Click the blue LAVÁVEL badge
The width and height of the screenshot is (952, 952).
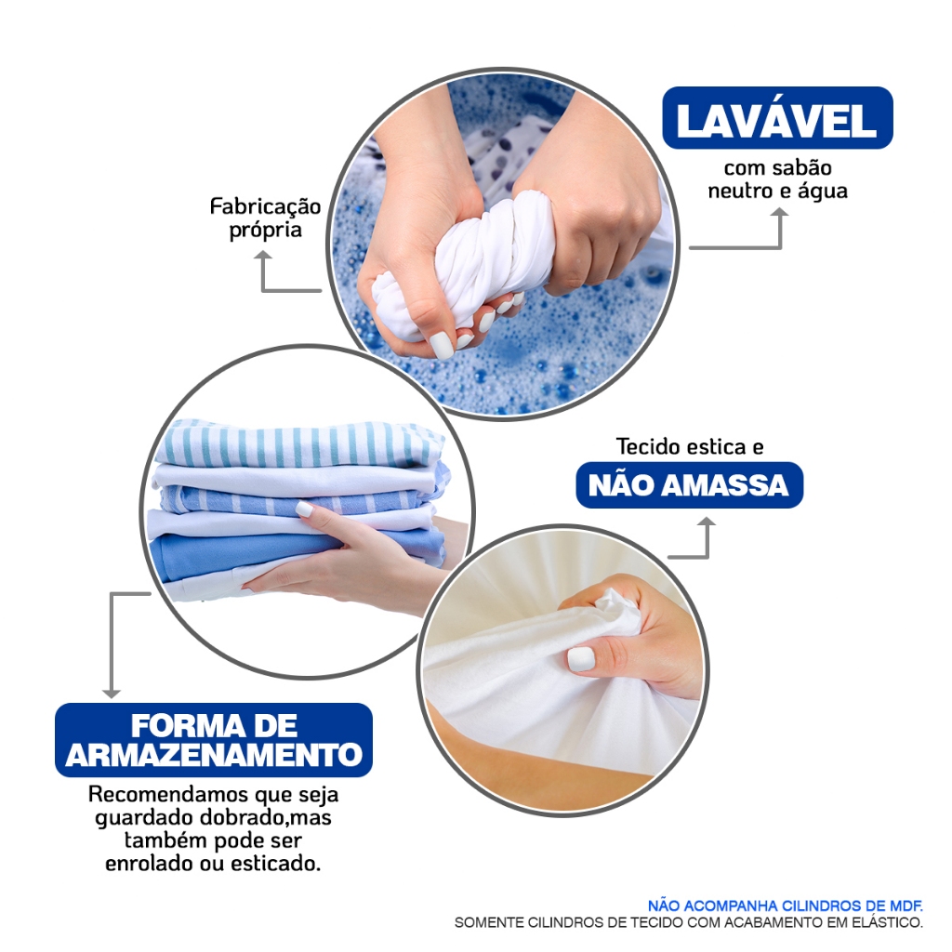[777, 118]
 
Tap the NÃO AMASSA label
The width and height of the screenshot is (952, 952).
[689, 485]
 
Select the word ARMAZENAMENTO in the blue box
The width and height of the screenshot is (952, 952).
[214, 755]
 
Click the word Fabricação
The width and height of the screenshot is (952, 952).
[265, 207]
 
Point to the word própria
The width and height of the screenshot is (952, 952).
[265, 231]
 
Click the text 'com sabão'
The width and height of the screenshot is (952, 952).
[778, 167]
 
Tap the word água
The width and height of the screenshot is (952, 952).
[822, 192]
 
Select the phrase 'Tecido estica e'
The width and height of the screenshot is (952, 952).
[690, 447]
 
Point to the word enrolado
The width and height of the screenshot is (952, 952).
[150, 864]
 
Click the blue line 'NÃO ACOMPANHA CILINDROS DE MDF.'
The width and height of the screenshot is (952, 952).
[786, 906]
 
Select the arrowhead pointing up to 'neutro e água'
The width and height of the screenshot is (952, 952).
[780, 214]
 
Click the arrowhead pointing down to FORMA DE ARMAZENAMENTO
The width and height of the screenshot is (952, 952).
[112, 693]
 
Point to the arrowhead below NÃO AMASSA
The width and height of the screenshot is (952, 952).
[707, 522]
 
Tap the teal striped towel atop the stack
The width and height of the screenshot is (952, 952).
[297, 443]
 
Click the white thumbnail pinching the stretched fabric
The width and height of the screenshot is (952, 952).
[580, 658]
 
